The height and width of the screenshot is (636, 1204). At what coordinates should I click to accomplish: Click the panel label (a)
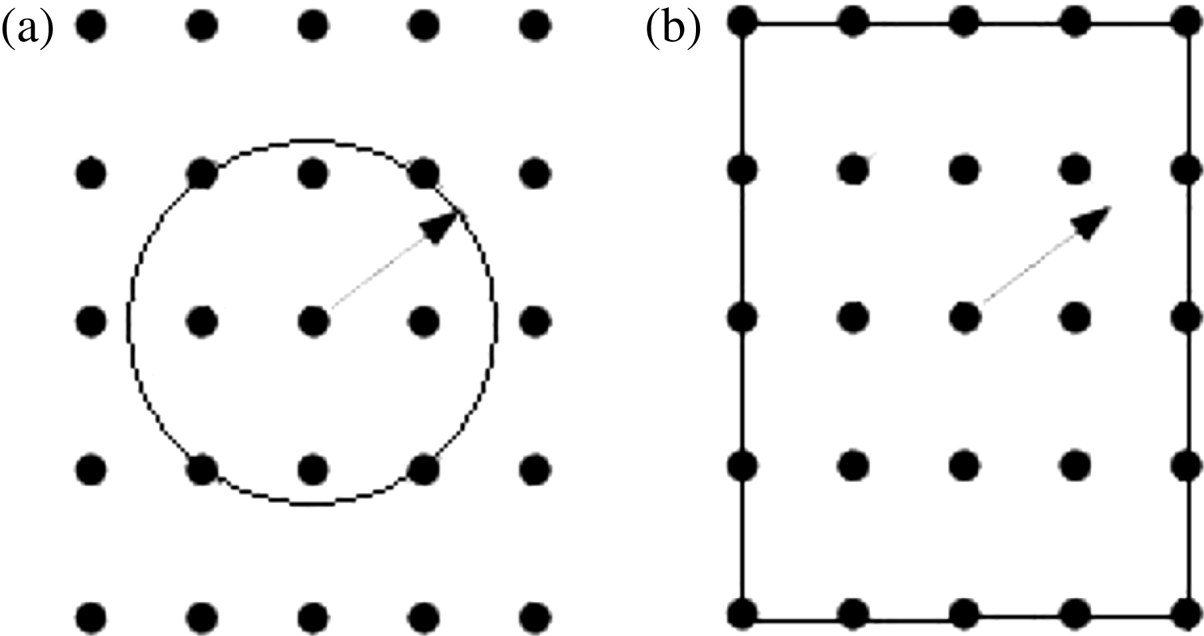[27, 31]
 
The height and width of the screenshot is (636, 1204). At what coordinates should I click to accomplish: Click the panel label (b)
[672, 31]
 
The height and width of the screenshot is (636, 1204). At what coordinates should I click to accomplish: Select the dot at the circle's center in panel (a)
[313, 322]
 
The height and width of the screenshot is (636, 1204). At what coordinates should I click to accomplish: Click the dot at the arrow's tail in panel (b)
[964, 317]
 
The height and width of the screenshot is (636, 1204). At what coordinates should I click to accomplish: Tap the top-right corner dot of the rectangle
[1186, 21]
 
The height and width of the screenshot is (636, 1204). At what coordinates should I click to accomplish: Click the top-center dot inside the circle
[313, 174]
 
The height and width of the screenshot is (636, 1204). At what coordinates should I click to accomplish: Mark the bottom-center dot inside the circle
[313, 469]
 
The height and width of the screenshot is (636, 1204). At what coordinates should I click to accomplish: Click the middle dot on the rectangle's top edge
[964, 21]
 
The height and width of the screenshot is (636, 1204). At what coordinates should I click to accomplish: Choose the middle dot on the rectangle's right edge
[1186, 317]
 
